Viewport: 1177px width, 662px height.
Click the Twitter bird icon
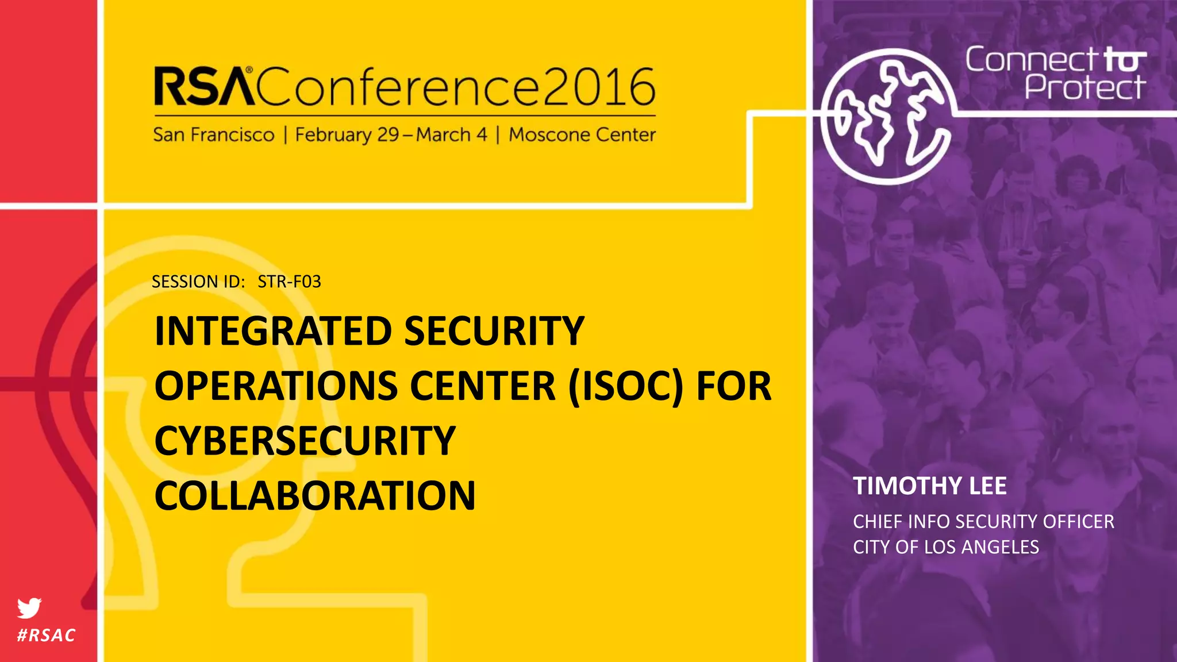point(29,607)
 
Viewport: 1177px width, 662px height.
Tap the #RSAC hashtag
point(47,635)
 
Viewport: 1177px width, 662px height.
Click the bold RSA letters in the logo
point(204,87)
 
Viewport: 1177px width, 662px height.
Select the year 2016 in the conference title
point(598,87)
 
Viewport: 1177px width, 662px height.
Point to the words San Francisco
point(214,135)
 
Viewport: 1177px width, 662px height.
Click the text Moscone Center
point(582,135)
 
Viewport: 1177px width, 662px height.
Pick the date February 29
point(347,135)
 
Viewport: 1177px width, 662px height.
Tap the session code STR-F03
point(289,282)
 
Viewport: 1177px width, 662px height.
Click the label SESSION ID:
point(198,282)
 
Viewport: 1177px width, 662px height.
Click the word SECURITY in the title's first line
point(494,332)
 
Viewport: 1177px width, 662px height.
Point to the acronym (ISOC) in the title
point(626,386)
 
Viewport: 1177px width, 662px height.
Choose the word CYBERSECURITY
point(305,441)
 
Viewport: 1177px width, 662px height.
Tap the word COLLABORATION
point(315,495)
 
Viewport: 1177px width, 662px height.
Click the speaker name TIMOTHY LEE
point(929,486)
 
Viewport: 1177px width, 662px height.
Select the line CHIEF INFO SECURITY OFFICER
point(983,522)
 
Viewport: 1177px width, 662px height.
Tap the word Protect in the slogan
point(1085,88)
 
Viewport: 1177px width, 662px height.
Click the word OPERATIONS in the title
point(276,386)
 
